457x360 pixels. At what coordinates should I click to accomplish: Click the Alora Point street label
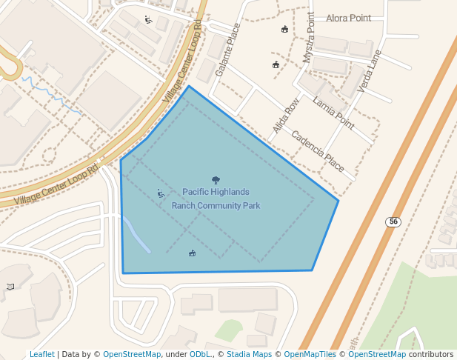(347, 18)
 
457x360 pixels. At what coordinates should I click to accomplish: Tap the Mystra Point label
(308, 37)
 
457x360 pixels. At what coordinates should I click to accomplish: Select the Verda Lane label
(369, 71)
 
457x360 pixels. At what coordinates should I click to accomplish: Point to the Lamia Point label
(333, 109)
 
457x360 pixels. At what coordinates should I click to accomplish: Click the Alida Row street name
(286, 116)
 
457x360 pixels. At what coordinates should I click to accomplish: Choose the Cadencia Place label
(318, 151)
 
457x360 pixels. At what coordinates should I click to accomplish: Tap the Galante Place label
(228, 50)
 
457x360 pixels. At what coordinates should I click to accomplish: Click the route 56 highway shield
(393, 221)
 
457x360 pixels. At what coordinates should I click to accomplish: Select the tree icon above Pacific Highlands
(216, 180)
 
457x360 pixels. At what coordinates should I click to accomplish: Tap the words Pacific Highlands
(216, 192)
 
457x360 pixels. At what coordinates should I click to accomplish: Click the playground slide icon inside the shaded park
(161, 194)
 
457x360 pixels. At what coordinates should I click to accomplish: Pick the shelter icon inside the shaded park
(193, 254)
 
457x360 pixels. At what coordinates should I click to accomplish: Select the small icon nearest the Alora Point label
(284, 30)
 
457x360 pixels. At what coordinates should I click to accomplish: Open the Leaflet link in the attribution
(42, 354)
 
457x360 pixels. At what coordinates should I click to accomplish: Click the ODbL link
(200, 354)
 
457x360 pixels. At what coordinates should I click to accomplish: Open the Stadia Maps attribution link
(249, 354)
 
